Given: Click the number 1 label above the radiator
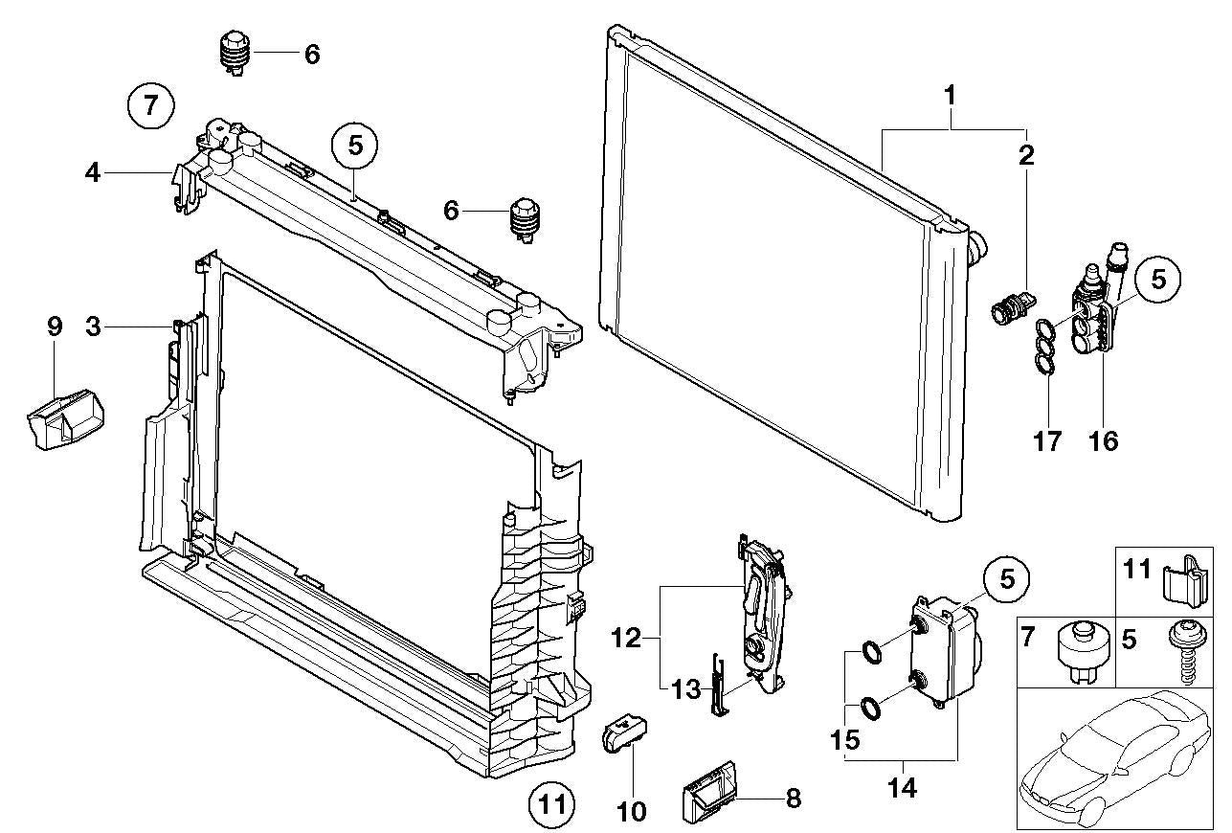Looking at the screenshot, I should tap(950, 96).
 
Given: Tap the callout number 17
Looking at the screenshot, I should tap(1048, 440).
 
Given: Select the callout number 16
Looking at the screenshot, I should tap(1104, 440).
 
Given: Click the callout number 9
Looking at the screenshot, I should tap(55, 326).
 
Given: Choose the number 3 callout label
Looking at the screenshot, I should tap(93, 326).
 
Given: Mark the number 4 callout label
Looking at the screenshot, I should tap(92, 173).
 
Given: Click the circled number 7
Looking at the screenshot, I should tap(151, 104).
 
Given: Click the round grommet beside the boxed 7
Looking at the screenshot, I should tap(1081, 651).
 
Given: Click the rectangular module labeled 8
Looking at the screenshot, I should tap(710, 791).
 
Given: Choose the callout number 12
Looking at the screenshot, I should tap(627, 636).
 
